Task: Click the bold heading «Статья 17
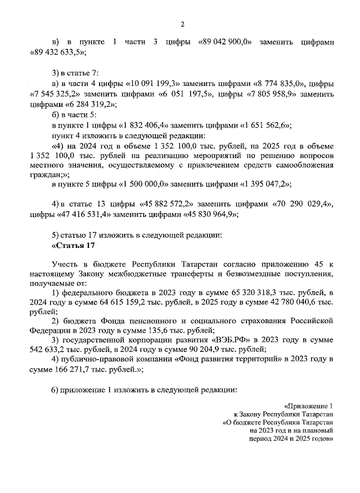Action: pos(74,245)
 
